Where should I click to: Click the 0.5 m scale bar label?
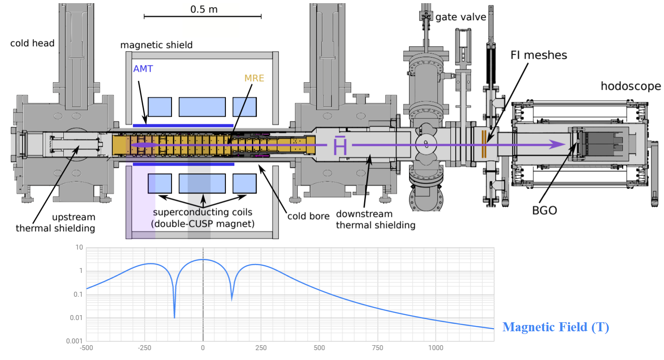(204, 9)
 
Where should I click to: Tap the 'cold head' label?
(32, 43)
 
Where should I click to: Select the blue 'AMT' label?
(143, 69)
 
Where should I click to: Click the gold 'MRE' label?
(254, 78)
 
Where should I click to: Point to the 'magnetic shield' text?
(156, 45)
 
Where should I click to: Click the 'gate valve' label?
(461, 17)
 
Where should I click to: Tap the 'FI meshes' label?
(539, 55)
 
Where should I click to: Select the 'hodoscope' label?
(631, 86)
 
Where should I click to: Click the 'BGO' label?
(544, 211)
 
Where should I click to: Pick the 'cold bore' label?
(308, 216)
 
